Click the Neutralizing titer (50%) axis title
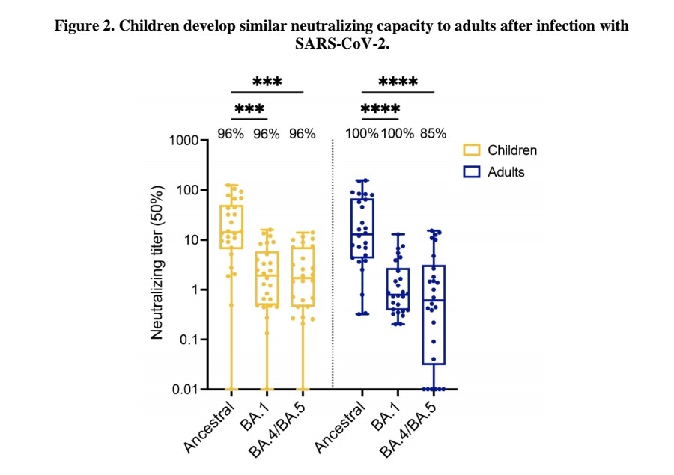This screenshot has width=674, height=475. pos(157,265)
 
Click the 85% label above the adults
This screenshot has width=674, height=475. pos(433,134)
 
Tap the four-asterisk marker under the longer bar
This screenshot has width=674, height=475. pos(398,82)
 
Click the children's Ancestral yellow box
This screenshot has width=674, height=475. pos(231,227)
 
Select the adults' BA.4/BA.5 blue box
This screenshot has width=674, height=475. pos(434,314)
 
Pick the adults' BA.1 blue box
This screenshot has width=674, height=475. pos(398,289)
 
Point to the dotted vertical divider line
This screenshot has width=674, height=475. pos(332,262)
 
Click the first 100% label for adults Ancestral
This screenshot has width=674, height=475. pos(362,134)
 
